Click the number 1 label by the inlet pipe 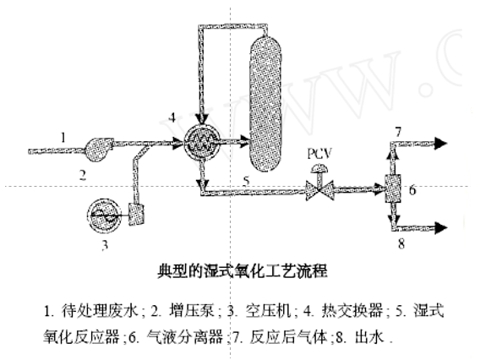click(x=62, y=135)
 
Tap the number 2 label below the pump click(x=83, y=176)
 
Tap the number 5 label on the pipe click(x=247, y=179)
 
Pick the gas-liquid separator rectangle click(x=393, y=190)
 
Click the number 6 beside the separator click(x=412, y=191)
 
